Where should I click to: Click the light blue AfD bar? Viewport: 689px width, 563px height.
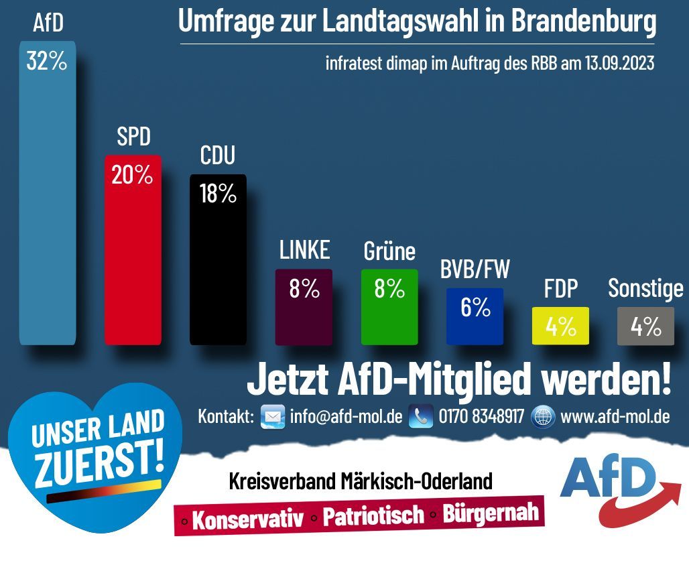48,201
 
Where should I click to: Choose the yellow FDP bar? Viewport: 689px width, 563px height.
560,326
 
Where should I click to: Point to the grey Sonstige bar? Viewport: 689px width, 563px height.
646,326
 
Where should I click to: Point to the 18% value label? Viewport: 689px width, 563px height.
218,194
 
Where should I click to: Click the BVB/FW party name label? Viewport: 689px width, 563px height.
475,269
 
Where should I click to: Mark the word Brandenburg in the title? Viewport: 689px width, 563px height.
583,22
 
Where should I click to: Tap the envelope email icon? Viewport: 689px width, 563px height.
272,416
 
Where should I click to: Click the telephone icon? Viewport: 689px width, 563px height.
421,416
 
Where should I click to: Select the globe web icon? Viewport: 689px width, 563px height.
543,416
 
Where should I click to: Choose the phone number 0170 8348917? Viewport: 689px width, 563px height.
481,416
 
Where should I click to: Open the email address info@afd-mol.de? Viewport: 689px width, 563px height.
346,416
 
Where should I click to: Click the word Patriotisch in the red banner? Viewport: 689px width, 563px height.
373,515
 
